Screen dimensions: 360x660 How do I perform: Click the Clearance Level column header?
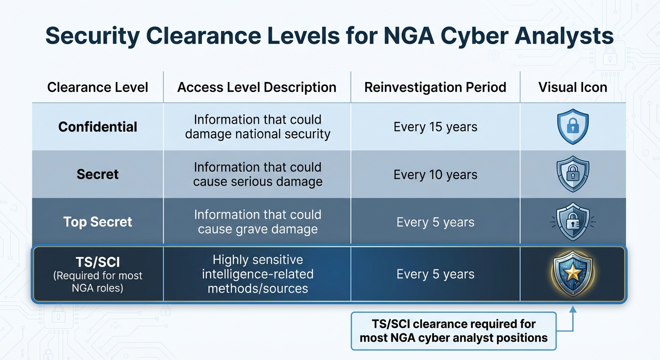[x=97, y=87]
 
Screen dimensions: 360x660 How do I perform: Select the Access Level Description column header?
[x=257, y=87]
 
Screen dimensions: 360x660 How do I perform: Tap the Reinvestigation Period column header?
[x=435, y=87]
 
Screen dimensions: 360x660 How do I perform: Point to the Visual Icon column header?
[x=572, y=87]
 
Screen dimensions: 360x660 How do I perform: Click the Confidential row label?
[x=97, y=127]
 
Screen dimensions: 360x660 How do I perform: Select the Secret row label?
[x=97, y=174]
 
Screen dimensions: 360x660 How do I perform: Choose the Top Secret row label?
[x=97, y=222]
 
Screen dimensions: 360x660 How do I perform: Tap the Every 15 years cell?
[x=435, y=127]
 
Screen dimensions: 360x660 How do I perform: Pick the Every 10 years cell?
[x=435, y=174]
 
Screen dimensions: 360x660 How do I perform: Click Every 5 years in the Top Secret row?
[x=435, y=222]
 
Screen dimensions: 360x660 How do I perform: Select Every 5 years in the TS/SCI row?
[x=435, y=274]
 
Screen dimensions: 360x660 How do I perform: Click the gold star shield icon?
[x=572, y=274]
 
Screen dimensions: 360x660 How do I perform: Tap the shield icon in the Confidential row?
[x=572, y=127]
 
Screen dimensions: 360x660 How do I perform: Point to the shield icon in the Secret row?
[x=572, y=174]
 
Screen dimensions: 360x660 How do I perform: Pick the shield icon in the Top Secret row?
[x=572, y=222]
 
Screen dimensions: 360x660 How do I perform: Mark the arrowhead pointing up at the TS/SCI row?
[x=572, y=309]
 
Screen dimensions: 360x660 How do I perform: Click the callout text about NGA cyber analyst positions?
[x=453, y=331]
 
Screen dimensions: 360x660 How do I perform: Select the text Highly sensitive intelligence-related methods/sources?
[x=257, y=274]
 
